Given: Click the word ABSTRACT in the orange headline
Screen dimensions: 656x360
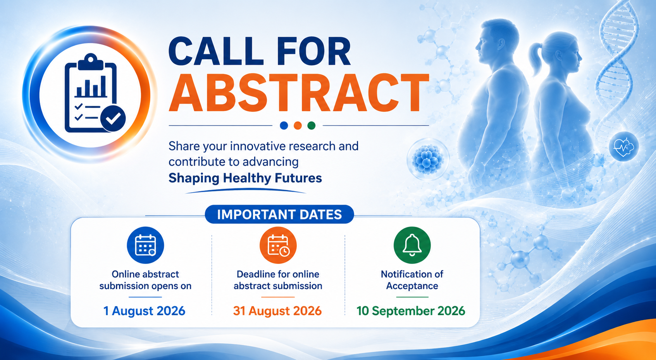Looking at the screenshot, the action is (299, 93).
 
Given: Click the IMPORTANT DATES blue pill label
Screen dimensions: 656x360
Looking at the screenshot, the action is (279, 214).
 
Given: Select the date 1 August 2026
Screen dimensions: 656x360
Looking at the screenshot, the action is (145, 311).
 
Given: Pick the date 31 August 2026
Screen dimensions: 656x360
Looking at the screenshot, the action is (277, 311).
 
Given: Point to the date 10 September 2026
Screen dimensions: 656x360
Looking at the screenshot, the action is (411, 311).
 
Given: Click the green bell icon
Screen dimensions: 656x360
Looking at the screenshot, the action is (412, 245).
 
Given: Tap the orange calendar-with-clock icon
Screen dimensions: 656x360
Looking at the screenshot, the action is (278, 245).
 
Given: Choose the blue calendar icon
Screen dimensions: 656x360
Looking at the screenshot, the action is (145, 245).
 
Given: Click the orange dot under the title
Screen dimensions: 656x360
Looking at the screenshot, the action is (298, 126).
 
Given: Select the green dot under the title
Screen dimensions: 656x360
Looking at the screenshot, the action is (311, 126).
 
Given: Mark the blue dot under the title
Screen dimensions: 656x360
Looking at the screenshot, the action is (284, 126).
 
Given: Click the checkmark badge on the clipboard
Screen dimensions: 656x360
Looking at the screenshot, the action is (113, 118).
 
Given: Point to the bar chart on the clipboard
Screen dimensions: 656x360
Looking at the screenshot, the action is (91, 87).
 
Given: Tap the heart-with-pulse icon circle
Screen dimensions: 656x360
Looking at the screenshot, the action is (623, 146).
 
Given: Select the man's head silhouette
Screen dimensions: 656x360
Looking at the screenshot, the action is (497, 41).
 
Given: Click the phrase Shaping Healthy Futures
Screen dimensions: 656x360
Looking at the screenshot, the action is (245, 178).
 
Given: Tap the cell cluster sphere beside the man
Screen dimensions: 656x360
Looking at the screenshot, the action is (428, 159).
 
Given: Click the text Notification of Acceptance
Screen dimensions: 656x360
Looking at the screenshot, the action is (412, 280).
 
